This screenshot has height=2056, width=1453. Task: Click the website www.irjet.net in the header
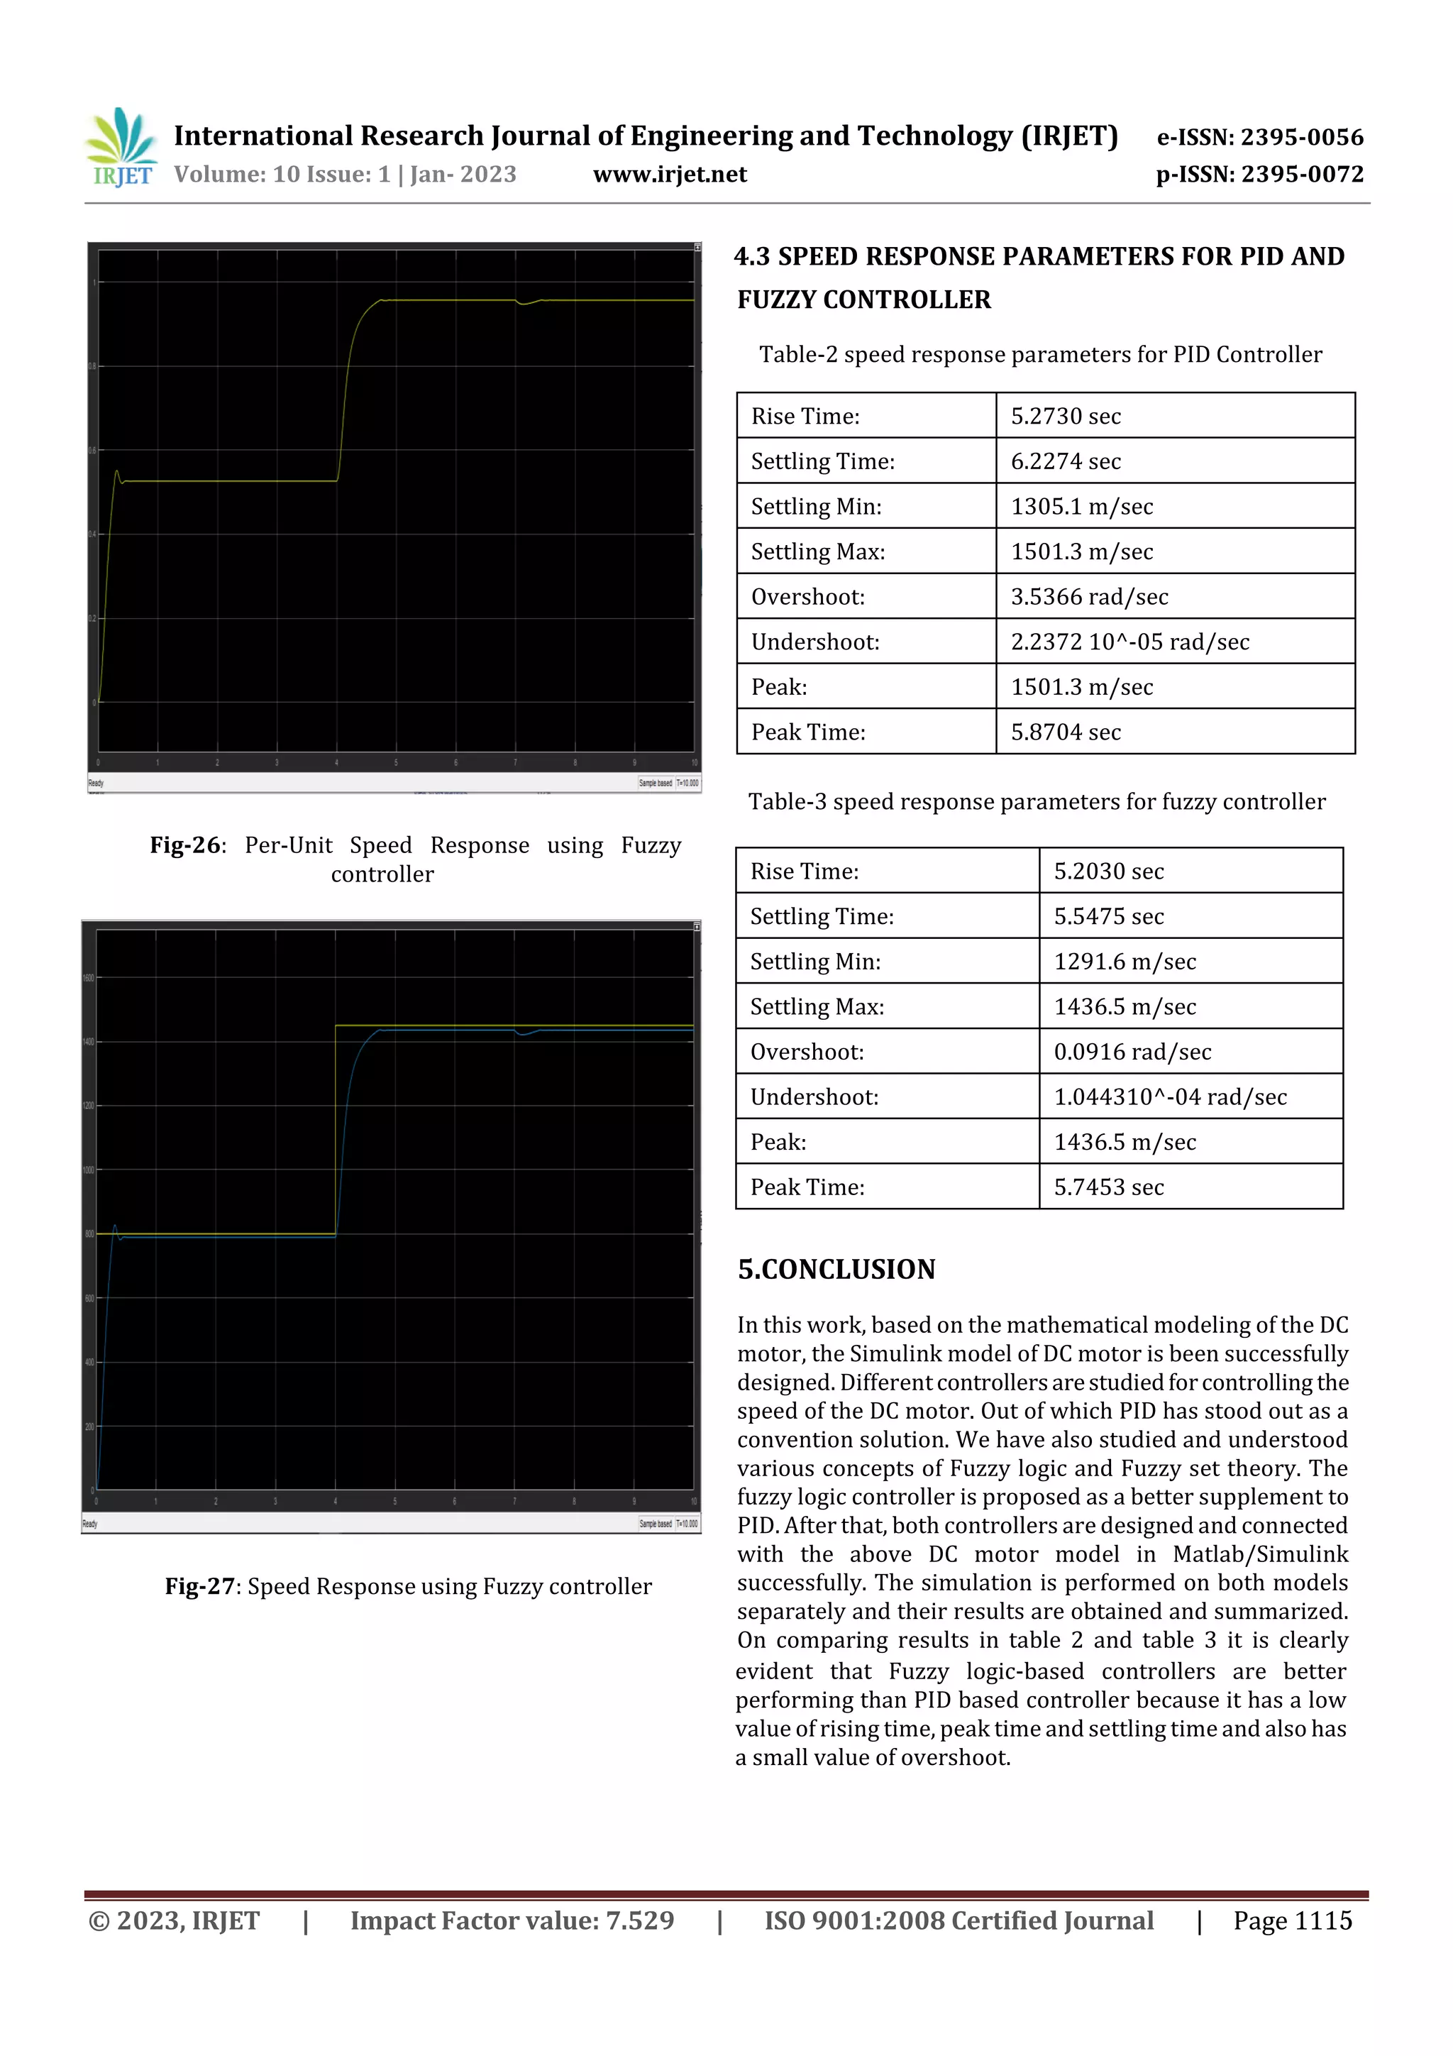click(670, 175)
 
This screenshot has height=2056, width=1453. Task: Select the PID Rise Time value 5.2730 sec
click(1066, 417)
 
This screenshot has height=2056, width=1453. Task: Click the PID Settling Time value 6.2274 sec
click(1066, 461)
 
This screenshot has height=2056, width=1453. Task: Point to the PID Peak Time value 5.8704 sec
click(1066, 732)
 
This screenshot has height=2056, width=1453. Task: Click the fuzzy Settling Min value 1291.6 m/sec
click(1125, 962)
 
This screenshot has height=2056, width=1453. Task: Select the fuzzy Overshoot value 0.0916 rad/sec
click(1132, 1052)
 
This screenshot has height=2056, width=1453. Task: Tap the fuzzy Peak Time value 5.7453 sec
click(1108, 1187)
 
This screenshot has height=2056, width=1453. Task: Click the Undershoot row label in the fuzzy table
click(814, 1097)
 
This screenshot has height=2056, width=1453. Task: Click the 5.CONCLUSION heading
click(836, 1269)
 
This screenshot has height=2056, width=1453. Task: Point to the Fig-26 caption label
click(186, 845)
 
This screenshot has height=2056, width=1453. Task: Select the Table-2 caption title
click(1040, 355)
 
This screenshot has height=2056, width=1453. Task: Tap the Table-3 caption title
click(1037, 801)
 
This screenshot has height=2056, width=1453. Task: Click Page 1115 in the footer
click(1292, 1920)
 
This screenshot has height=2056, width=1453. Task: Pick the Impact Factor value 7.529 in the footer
click(639, 1920)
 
